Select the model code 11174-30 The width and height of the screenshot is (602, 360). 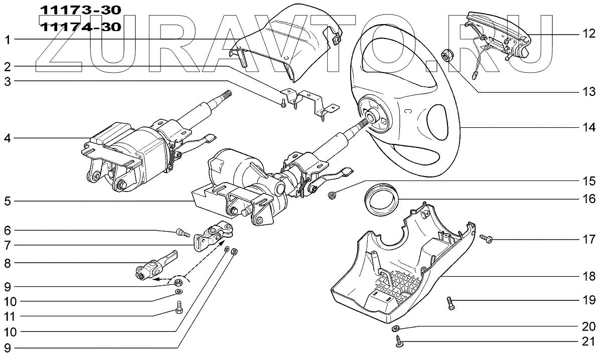click(x=80, y=27)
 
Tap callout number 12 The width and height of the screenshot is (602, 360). click(x=588, y=34)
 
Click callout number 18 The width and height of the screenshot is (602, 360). click(x=589, y=276)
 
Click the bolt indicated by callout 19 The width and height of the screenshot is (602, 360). click(x=450, y=302)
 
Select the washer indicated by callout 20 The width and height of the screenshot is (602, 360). click(x=395, y=328)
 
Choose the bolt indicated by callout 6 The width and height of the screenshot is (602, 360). click(x=182, y=232)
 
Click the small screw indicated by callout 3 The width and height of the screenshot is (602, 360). click(x=284, y=103)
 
